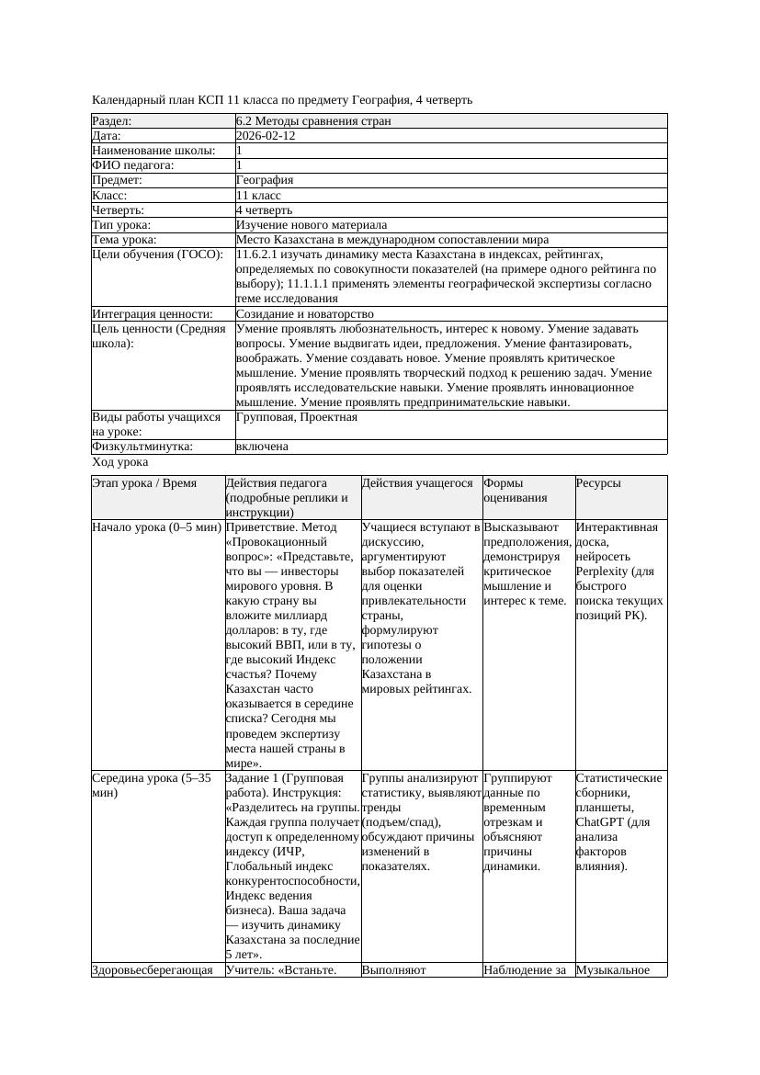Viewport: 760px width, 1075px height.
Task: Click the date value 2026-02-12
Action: [266, 136]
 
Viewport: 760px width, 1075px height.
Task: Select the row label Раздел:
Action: [112, 121]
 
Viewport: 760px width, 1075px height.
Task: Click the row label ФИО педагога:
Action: [133, 165]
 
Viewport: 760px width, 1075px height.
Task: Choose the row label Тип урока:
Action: [121, 225]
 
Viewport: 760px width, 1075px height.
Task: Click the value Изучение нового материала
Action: [312, 225]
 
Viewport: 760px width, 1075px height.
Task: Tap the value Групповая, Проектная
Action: [297, 417]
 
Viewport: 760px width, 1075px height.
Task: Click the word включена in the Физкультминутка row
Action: [262, 447]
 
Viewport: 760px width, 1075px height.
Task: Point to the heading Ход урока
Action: [120, 462]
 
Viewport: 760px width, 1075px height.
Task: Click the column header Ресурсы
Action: [598, 483]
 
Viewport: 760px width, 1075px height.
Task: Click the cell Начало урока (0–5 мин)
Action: [156, 527]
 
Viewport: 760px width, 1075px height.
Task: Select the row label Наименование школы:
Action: [154, 151]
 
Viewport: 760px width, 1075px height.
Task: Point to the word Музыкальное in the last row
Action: [613, 969]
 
